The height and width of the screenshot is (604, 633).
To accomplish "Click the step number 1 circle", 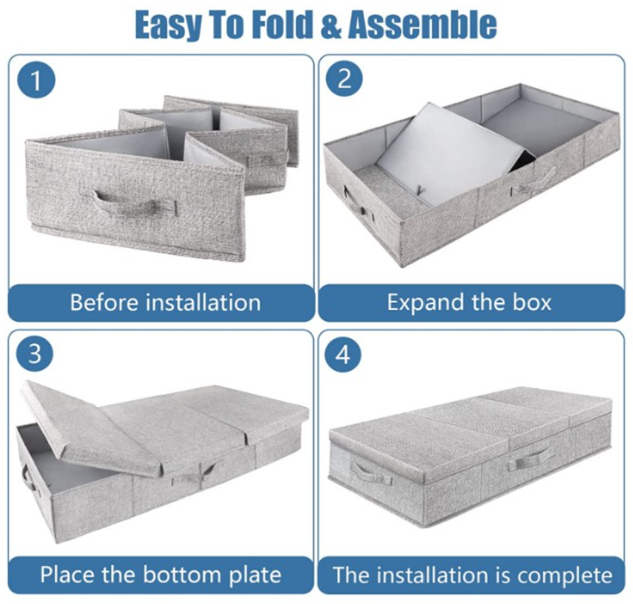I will pos(36,81).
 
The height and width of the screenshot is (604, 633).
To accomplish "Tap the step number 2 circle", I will pos(345,79).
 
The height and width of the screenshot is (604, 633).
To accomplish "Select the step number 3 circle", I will pos(34,354).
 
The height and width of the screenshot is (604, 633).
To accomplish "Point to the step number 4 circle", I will pos(343,354).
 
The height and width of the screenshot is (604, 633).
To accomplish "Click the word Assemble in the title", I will pos(422,24).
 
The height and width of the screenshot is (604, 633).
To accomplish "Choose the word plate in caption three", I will pos(255,574).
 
